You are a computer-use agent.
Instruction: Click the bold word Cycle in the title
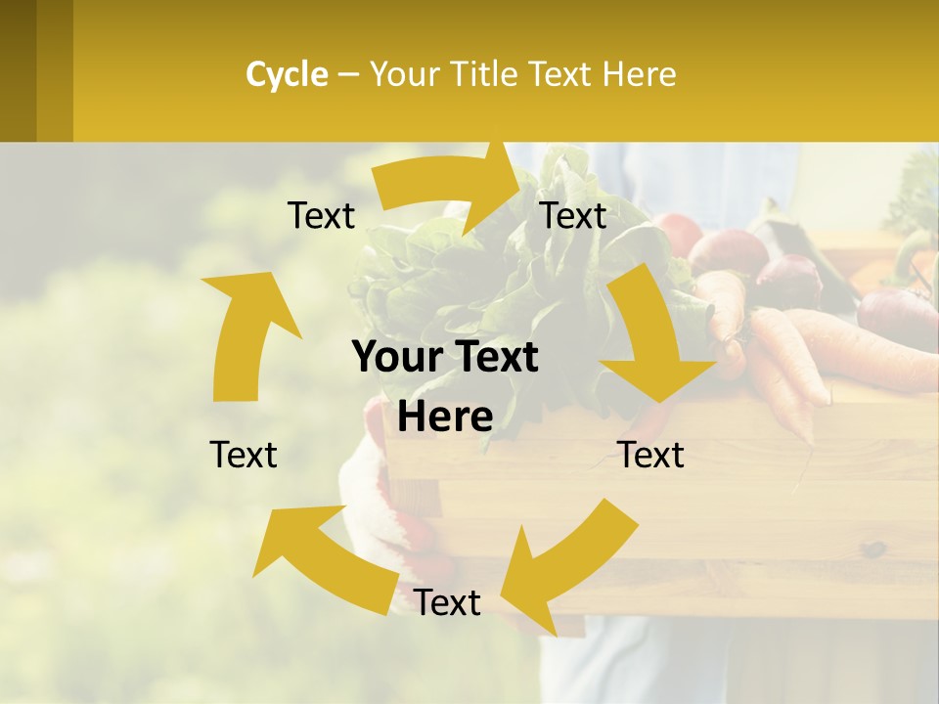tap(287, 74)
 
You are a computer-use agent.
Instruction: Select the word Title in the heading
tap(485, 74)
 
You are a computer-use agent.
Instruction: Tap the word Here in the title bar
tap(640, 74)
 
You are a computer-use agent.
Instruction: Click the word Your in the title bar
tap(405, 74)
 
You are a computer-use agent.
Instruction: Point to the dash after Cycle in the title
tap(348, 74)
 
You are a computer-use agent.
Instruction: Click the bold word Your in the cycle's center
tap(397, 358)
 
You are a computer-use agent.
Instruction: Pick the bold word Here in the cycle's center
tap(445, 418)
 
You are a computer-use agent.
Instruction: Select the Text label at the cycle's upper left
tap(321, 216)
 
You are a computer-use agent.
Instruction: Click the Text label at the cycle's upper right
tap(573, 216)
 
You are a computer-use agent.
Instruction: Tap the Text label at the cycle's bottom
tap(447, 603)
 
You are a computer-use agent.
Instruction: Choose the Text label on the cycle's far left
tap(244, 455)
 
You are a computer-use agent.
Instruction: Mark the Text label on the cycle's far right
tap(650, 455)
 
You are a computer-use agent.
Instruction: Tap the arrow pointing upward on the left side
tap(245, 332)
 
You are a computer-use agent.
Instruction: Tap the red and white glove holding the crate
tap(386, 499)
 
